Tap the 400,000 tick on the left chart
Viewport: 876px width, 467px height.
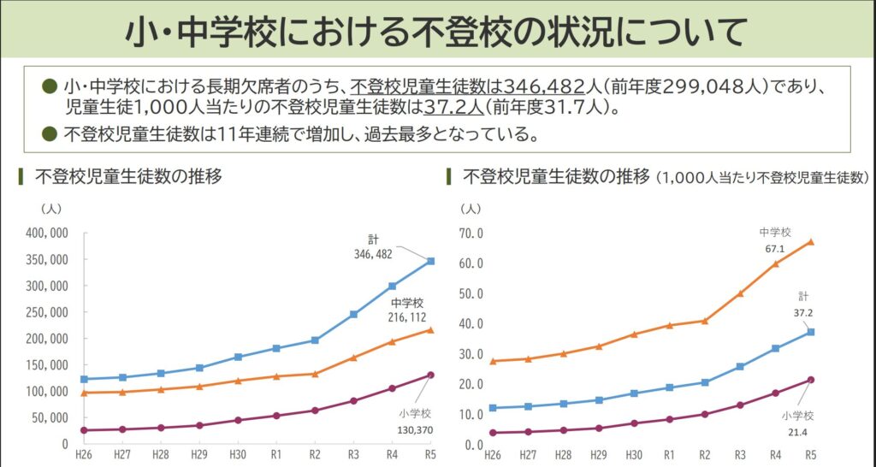47,233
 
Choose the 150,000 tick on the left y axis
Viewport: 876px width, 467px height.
47,365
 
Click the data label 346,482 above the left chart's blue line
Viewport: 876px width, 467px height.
373,254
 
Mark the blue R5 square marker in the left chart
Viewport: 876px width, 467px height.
430,261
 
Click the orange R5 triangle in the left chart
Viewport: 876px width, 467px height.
430,329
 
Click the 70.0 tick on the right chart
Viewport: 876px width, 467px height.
472,233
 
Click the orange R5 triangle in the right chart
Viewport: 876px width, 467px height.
810,241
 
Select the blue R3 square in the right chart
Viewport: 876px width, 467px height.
740,366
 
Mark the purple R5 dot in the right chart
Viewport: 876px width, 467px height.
810,380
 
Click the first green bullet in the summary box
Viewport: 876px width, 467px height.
50,86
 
